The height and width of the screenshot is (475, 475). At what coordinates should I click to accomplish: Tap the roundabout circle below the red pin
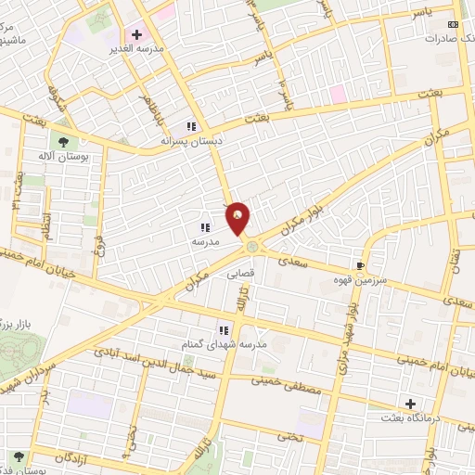(251, 246)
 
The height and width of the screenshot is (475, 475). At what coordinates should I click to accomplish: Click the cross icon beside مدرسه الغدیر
(137, 34)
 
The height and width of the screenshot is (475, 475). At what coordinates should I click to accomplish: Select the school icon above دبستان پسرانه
(191, 126)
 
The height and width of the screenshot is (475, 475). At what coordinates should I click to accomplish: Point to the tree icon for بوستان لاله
(63, 142)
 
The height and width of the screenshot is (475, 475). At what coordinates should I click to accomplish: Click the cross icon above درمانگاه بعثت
(409, 404)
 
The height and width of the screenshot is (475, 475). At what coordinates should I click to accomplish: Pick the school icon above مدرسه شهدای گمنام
(224, 329)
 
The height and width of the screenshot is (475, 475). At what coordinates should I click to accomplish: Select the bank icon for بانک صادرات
(453, 25)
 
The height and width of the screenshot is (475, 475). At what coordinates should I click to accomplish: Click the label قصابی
(240, 275)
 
